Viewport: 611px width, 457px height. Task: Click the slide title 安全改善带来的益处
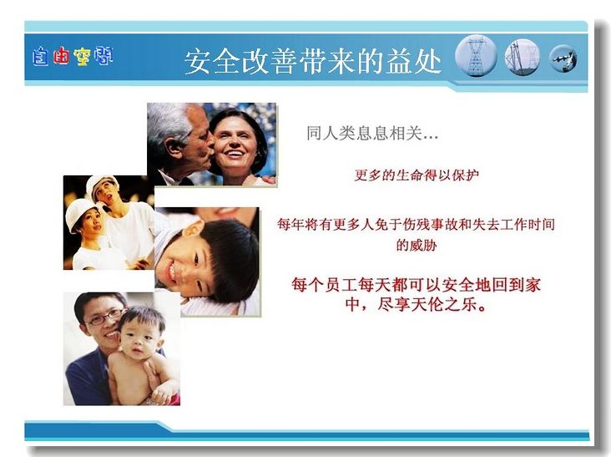pos(312,61)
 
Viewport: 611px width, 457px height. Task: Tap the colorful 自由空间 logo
pos(73,56)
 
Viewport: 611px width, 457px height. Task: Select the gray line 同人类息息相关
pos(372,134)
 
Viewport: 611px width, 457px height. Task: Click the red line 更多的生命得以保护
pos(417,175)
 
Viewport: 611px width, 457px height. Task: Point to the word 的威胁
pos(417,246)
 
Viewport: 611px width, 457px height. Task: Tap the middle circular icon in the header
pos(523,58)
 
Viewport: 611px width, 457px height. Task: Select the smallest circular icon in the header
pos(563,58)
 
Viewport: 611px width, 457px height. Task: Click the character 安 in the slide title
pos(198,62)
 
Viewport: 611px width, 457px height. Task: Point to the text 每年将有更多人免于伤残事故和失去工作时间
pos(417,224)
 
